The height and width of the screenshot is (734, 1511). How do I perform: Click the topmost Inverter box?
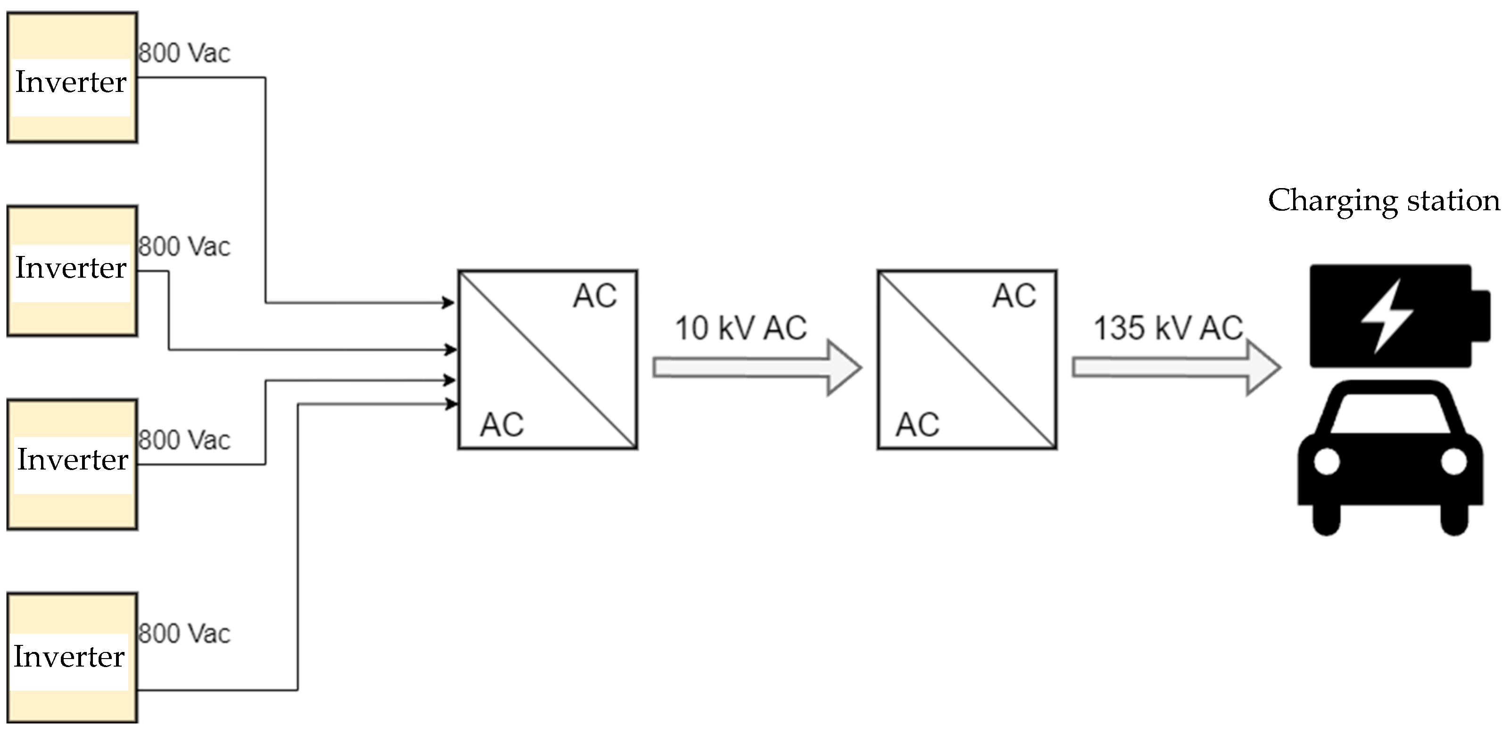72,77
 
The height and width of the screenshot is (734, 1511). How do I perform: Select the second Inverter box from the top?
72,271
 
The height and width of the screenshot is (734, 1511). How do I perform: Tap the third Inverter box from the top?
72,464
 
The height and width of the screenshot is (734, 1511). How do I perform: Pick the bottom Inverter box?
72,658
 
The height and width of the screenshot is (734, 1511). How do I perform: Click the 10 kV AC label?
741,328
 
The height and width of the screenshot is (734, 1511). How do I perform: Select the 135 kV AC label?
1168,328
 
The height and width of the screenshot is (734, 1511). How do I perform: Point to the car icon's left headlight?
1327,462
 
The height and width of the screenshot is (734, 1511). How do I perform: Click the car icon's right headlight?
1453,462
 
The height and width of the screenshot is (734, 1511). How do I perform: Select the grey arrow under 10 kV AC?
756,368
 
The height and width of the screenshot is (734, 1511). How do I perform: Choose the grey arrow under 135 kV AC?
1176,368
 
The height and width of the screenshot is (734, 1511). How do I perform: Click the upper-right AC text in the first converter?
595,296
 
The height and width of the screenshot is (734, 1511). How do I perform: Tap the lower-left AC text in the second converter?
917,425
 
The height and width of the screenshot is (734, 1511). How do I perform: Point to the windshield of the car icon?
1390,413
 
